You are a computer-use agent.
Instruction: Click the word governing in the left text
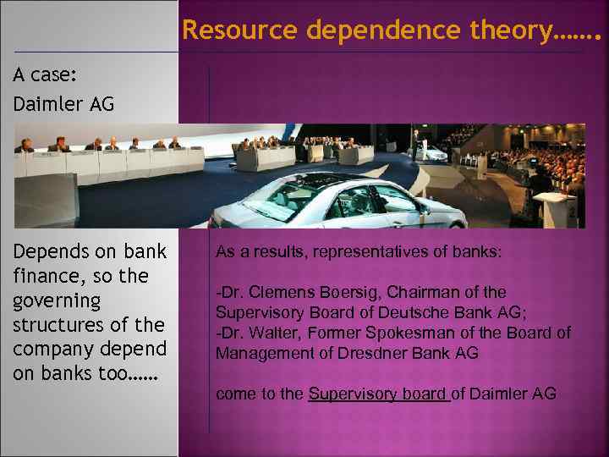[x=57, y=300]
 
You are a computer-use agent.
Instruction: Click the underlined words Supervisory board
[x=378, y=394]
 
